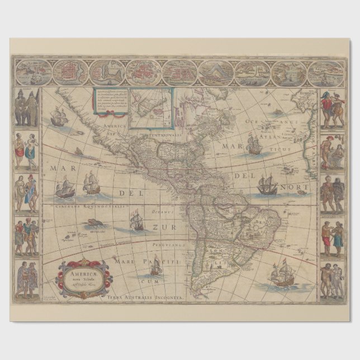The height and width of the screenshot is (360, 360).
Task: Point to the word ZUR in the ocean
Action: tap(162, 229)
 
